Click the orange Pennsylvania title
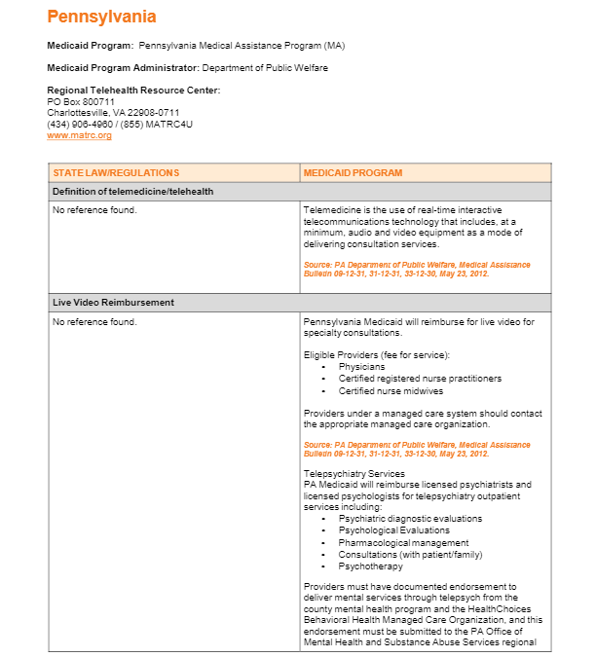(x=101, y=18)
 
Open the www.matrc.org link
(x=79, y=135)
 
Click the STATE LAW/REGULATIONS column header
(x=116, y=173)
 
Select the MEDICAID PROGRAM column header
(x=353, y=173)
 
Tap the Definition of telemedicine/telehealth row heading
(x=133, y=192)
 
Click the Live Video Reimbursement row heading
(x=113, y=303)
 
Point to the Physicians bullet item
(x=361, y=367)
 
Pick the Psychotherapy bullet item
(x=370, y=566)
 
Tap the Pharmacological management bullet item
(x=403, y=542)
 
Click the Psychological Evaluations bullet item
(x=392, y=530)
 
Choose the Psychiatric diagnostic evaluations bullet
(x=410, y=519)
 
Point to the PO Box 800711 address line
(x=81, y=101)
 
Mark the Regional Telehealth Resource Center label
(x=133, y=91)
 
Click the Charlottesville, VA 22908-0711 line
(x=113, y=113)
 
